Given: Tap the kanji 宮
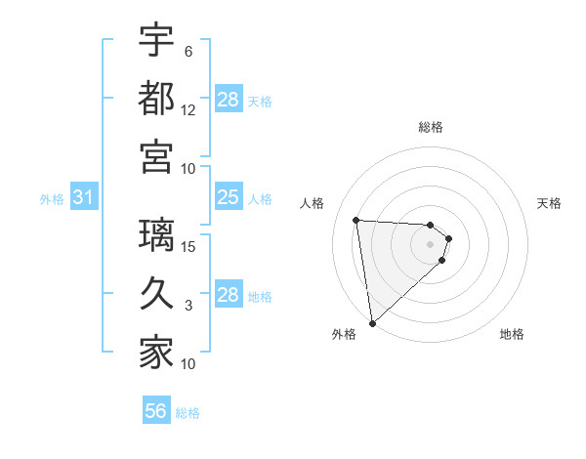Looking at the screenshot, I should [156, 155].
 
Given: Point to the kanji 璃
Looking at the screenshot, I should [156, 235].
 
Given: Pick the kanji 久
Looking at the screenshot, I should [156, 294].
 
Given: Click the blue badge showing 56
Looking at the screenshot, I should [156, 411].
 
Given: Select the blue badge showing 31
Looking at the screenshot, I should [84, 198].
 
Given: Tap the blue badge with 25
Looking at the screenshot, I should [229, 198].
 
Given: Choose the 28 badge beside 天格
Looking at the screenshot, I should [229, 100].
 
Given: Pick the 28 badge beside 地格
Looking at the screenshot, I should [229, 295].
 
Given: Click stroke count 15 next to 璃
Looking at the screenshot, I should [189, 246].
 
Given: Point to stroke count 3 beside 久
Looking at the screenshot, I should [188, 306].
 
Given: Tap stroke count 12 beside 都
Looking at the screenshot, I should [189, 109].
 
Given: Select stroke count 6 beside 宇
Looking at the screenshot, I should [188, 51].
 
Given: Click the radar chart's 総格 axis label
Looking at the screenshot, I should [430, 127].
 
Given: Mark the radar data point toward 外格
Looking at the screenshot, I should [372, 322].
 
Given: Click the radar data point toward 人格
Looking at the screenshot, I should [356, 220].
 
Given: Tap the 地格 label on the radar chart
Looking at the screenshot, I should [512, 335].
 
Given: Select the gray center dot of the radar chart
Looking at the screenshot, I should [430, 245].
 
